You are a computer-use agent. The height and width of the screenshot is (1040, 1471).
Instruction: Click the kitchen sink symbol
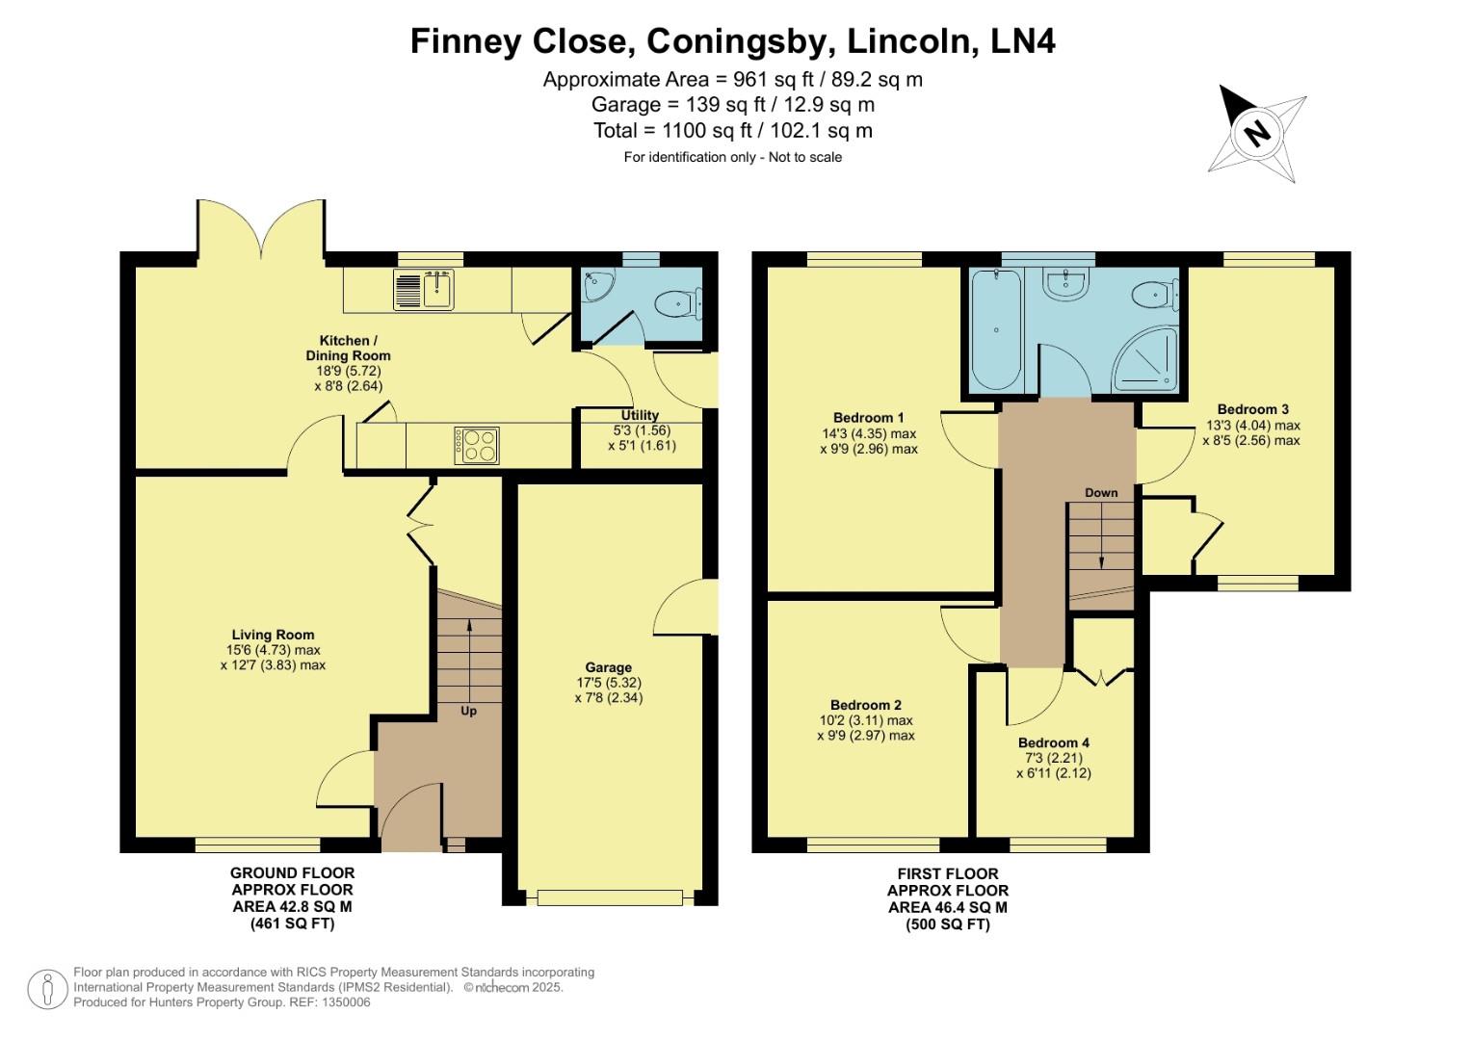(x=424, y=290)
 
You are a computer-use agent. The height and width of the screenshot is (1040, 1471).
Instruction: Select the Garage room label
(x=608, y=667)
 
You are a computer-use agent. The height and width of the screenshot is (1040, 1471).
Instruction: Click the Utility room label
(x=640, y=416)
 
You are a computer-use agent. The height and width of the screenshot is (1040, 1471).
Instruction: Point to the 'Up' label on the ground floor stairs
(x=468, y=712)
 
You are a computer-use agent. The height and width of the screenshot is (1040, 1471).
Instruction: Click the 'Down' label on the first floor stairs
(x=1101, y=493)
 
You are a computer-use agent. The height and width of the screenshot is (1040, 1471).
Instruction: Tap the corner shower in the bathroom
(x=1146, y=360)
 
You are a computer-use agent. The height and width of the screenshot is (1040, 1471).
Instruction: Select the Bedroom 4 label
(x=1054, y=742)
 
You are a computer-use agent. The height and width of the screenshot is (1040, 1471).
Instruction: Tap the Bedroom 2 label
(x=865, y=705)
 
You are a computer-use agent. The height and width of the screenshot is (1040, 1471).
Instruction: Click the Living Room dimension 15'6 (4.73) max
(x=274, y=650)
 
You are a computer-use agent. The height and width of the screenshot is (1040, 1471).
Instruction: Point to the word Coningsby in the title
(x=742, y=41)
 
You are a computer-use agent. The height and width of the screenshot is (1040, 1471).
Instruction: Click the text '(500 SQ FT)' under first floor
(x=948, y=924)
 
